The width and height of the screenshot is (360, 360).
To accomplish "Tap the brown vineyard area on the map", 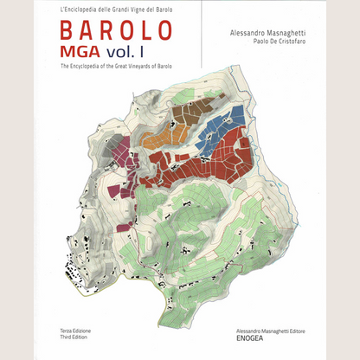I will click(192, 112).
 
